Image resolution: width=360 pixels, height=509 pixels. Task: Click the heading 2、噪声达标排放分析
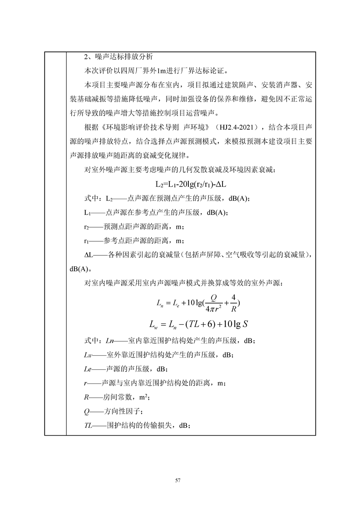[x=120, y=57]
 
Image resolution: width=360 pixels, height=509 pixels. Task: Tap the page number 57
[x=180, y=480]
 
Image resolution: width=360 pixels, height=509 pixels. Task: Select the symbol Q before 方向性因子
[x=87, y=411]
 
